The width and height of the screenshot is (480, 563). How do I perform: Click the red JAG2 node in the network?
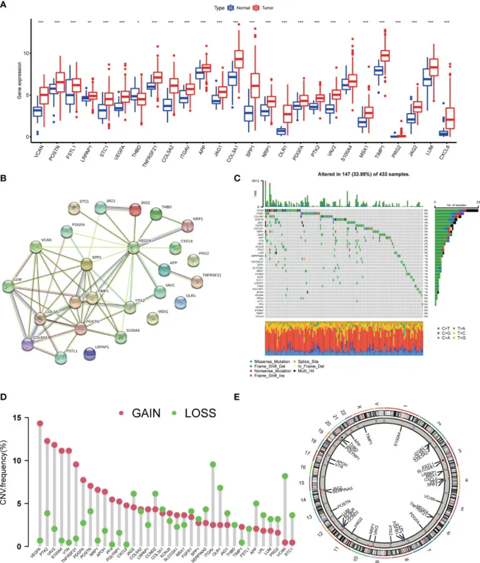pos(135,210)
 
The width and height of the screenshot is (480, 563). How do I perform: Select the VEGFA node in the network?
pos(133,248)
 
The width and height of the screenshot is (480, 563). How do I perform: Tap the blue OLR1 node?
pos(180,303)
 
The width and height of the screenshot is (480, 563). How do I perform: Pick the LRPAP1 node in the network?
pos(90,354)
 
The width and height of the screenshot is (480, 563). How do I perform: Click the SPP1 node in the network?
pos(86,264)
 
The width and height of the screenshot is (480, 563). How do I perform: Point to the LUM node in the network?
pos(8,286)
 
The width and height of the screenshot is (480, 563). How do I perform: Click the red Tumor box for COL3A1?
pos(239,59)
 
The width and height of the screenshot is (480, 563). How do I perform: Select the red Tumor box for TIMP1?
pos(385,55)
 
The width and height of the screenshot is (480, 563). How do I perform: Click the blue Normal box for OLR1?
pos(281,131)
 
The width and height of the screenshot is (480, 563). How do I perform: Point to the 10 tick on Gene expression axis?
pos(26,53)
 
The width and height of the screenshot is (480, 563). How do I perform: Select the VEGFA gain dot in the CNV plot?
pos(40,423)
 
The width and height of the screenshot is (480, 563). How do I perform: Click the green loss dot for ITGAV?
pos(213,464)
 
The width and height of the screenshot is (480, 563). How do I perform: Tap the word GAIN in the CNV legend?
pos(146,413)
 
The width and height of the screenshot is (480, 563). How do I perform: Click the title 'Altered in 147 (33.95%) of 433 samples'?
pos(363,174)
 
